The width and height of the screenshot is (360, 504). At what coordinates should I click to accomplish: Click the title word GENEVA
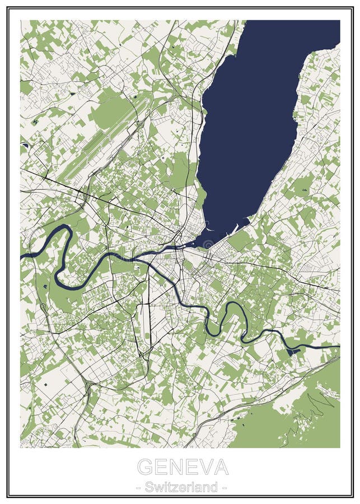[183, 466]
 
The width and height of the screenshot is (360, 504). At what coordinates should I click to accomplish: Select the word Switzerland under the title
[181, 487]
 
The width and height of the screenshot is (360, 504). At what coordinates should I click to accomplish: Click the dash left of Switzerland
[138, 488]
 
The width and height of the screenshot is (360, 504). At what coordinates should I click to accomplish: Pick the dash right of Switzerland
[224, 488]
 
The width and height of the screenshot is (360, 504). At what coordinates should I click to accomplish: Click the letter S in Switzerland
[149, 487]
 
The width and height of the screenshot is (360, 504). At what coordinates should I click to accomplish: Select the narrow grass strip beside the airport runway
[99, 140]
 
